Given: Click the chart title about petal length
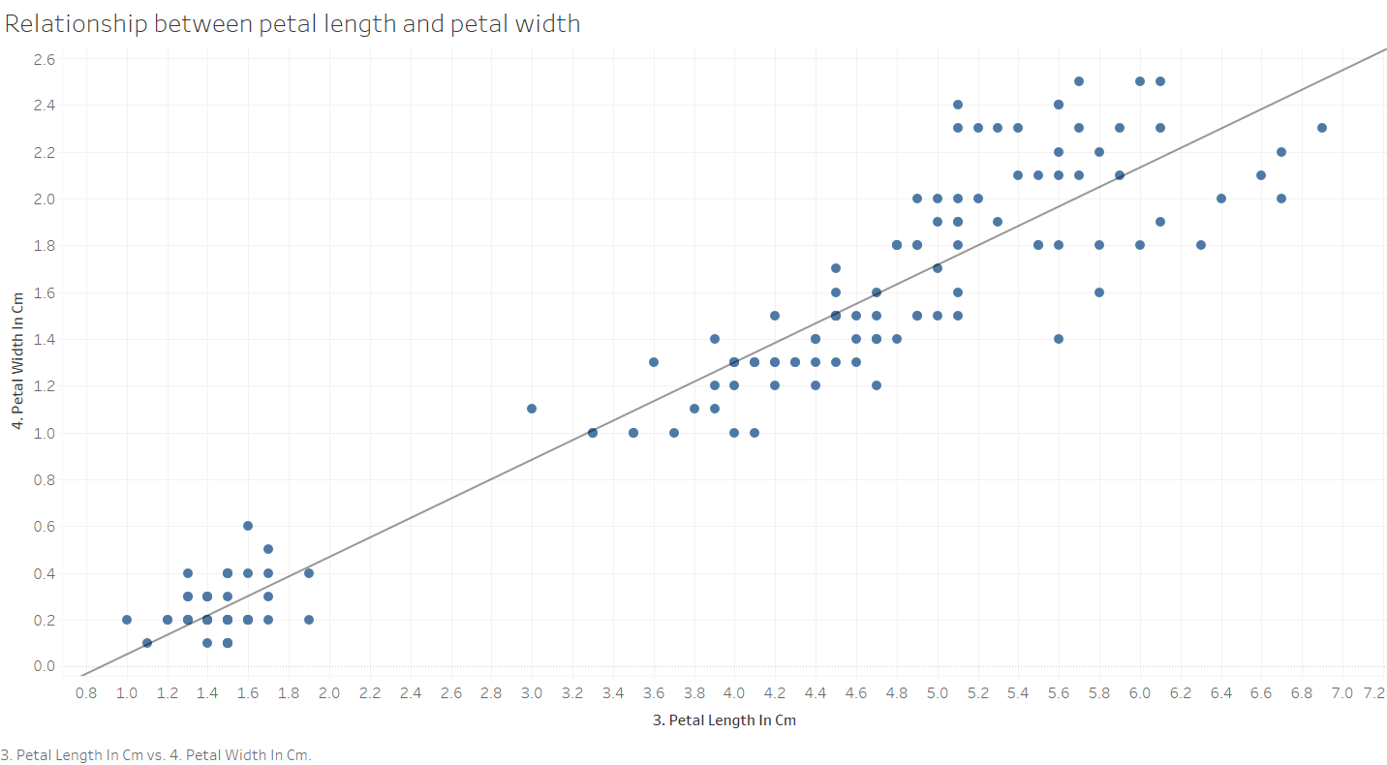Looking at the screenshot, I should click(x=293, y=24).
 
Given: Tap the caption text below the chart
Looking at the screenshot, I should click(x=157, y=754).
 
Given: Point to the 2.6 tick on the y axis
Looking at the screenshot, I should click(x=45, y=60).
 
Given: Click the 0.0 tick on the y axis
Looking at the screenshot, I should click(x=45, y=666).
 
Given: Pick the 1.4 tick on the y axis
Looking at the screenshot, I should click(x=45, y=339).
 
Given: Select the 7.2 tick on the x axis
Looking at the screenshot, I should click(x=1373, y=693).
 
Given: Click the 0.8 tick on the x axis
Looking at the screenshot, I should click(x=86, y=693).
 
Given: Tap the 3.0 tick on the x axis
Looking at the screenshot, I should click(x=532, y=693).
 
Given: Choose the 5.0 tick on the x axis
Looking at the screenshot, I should click(x=938, y=693).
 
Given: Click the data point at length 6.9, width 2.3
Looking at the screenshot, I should click(x=1322, y=128).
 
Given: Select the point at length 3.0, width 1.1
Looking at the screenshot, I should click(x=532, y=409).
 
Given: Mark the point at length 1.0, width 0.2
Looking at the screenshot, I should click(x=127, y=620).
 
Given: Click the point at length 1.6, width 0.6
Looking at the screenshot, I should click(x=248, y=526).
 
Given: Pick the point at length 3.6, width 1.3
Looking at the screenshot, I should click(x=654, y=362).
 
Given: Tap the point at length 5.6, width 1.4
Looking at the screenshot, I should click(x=1059, y=339).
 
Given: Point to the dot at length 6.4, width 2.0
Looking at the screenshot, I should click(x=1221, y=199).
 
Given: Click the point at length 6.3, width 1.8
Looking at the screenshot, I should click(x=1201, y=245).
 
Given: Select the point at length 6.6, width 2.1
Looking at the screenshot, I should click(x=1261, y=175).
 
